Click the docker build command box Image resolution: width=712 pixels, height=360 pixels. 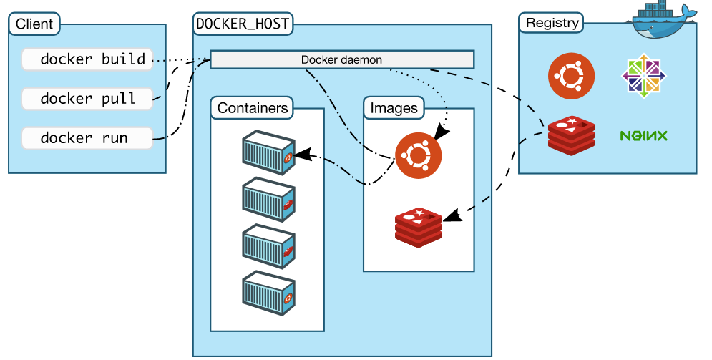87,59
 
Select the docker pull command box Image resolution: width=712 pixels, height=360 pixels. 87,98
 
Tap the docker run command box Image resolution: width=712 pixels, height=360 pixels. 87,137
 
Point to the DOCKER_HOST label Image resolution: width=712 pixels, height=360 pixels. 243,24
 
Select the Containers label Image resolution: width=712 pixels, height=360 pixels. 253,108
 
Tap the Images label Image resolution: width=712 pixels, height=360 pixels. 394,108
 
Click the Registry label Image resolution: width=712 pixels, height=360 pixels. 552,22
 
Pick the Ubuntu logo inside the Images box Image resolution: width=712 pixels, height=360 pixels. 418,155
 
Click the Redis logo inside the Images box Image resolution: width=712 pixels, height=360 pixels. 419,227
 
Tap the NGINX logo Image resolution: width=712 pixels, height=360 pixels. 644,135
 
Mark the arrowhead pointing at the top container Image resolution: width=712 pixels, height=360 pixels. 301,153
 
